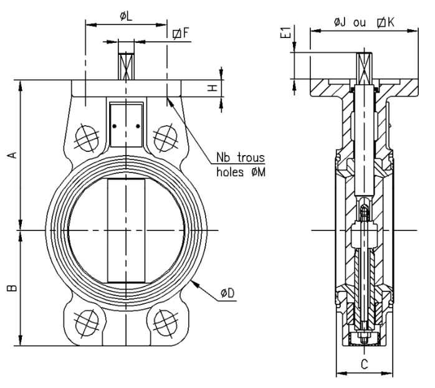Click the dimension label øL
126,14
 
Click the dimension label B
12,288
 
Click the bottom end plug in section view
363,338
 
